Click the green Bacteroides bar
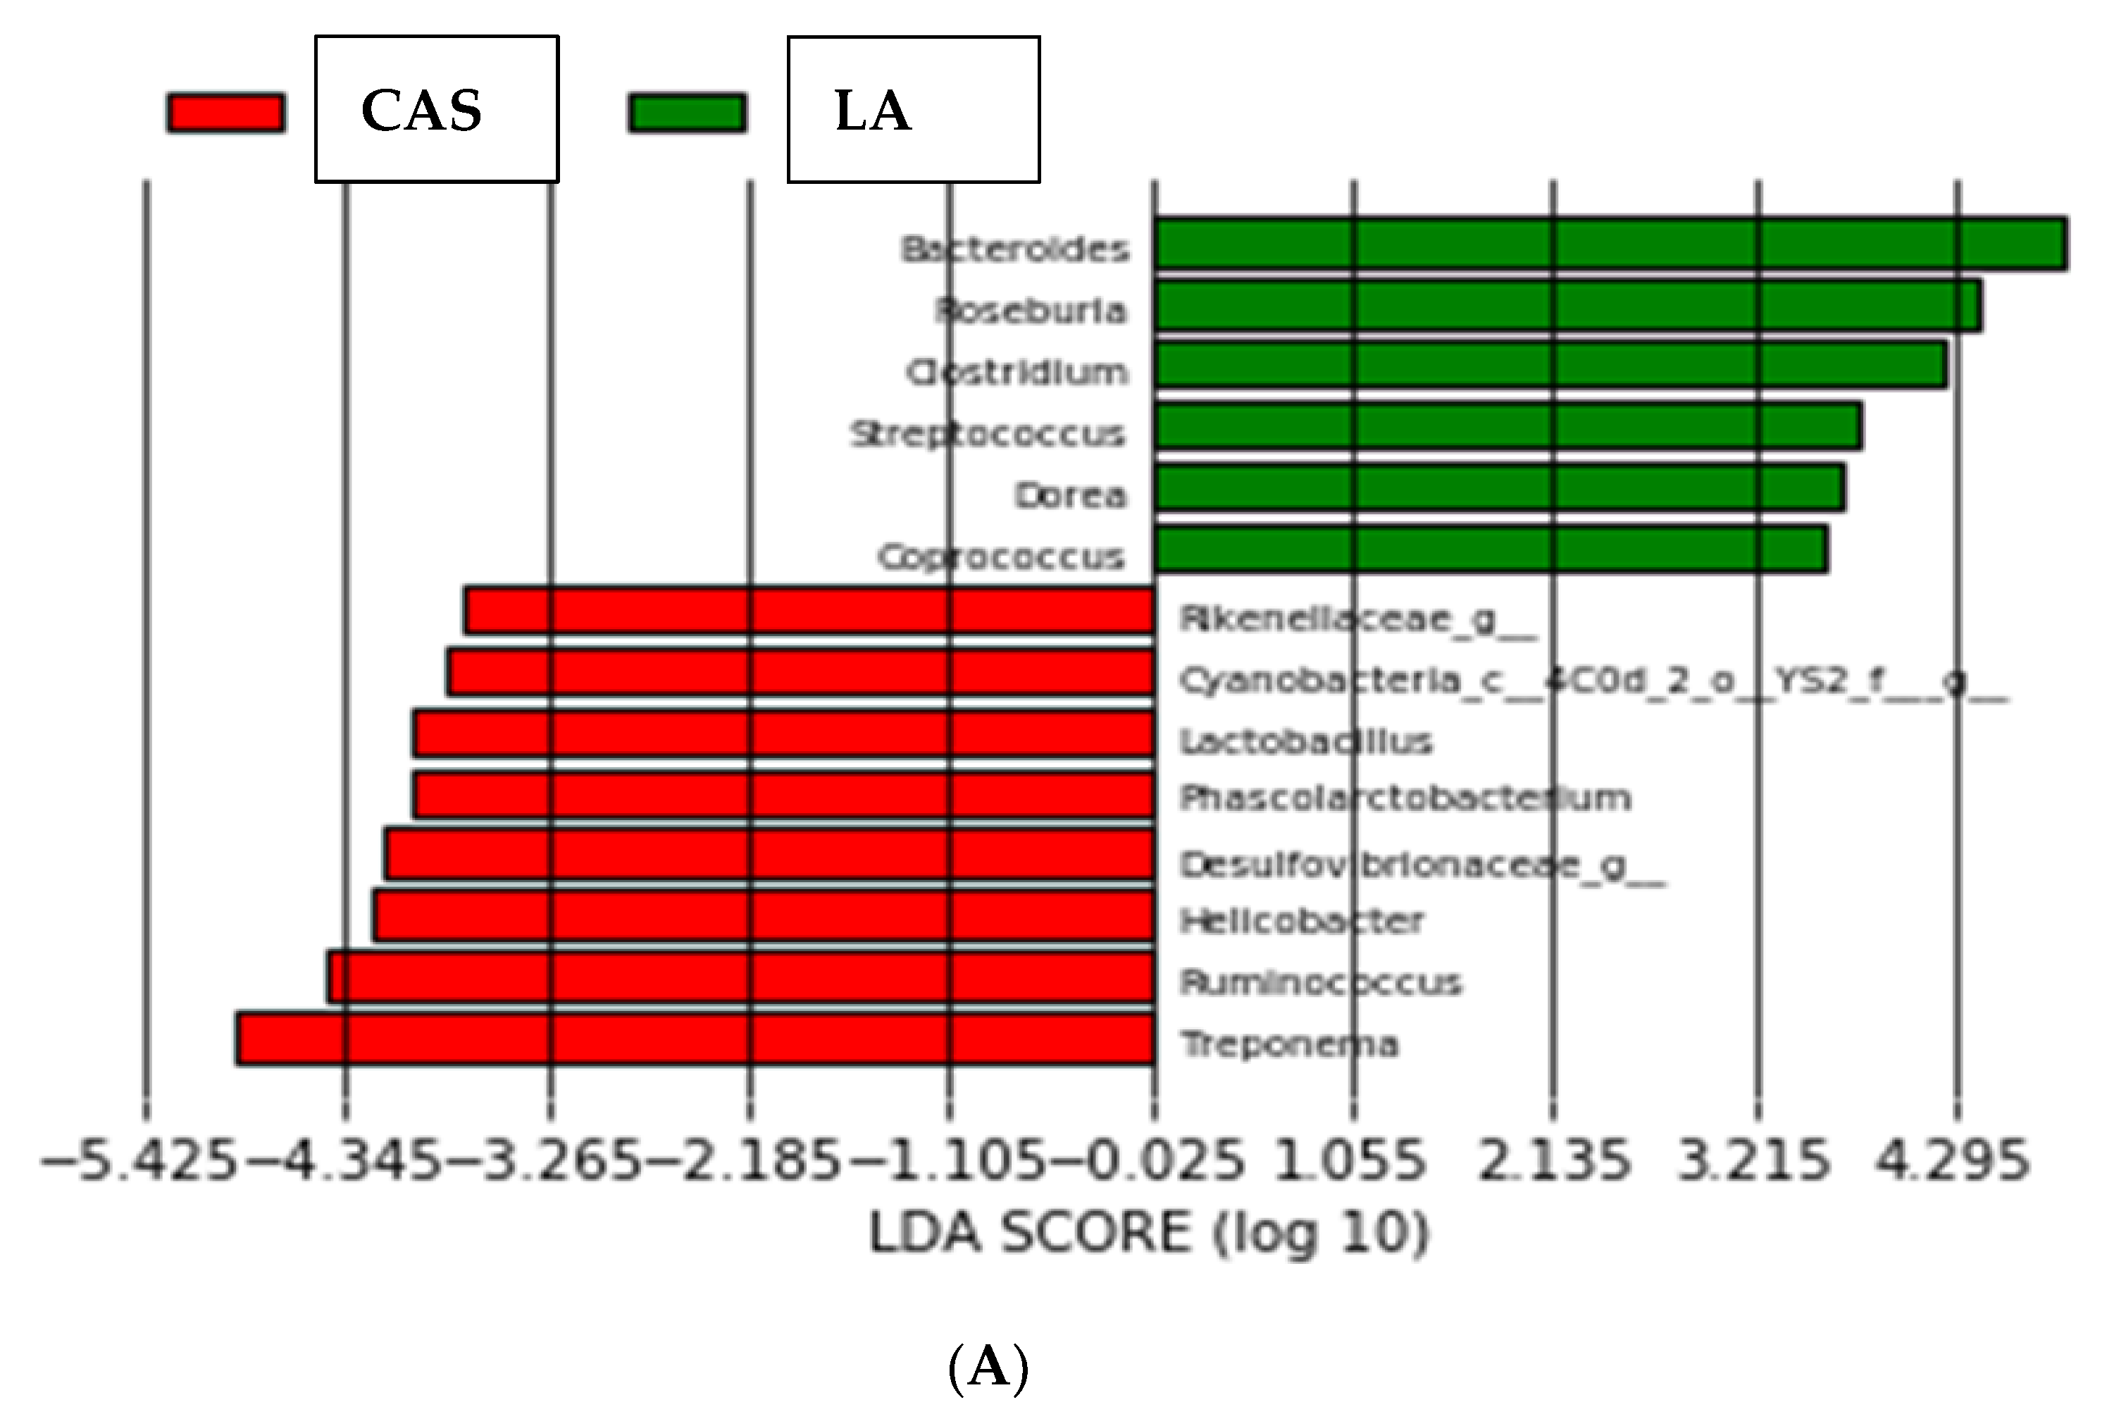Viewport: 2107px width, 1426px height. pos(1610,244)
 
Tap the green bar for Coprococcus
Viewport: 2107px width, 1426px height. pos(1491,550)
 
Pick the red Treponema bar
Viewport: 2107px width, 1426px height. pos(695,1039)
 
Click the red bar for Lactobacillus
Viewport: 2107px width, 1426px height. pos(784,734)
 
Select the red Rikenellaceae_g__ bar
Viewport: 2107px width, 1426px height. pos(809,610)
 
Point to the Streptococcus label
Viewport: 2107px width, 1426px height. pos(988,434)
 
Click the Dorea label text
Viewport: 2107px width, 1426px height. pos(1071,496)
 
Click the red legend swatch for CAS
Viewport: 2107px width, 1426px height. pos(225,113)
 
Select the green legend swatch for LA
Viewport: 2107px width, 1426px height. pos(688,113)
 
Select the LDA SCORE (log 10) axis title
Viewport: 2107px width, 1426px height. pos(1149,1233)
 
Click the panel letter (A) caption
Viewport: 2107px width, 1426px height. pos(988,1367)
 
